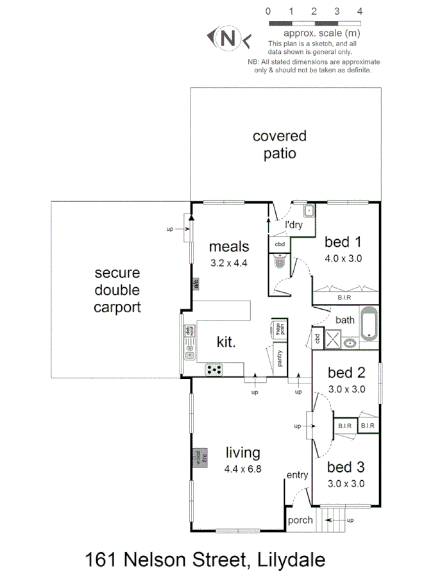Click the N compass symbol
pyautogui.click(x=227, y=38)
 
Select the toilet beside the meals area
pyautogui.click(x=279, y=262)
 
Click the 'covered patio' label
pyautogui.click(x=279, y=145)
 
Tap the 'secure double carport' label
pyautogui.click(x=117, y=290)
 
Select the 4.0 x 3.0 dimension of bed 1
pyautogui.click(x=343, y=260)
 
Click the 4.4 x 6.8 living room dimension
pyautogui.click(x=242, y=469)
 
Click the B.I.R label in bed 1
pyautogui.click(x=344, y=297)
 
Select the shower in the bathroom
pyautogui.click(x=332, y=339)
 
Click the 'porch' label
pyautogui.click(x=300, y=520)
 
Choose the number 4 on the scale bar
pyautogui.click(x=360, y=11)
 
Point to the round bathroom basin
pyautogui.click(x=350, y=342)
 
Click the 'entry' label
pyautogui.click(x=298, y=475)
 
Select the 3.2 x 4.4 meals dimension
pyautogui.click(x=228, y=263)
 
